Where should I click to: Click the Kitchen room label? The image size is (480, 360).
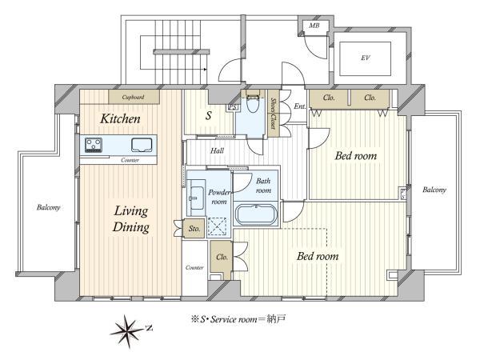[120, 118]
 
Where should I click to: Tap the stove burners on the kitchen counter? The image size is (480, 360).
[94, 145]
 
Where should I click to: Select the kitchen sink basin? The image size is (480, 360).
[142, 145]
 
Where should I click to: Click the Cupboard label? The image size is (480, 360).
[133, 98]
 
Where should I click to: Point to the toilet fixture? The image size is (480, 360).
[253, 102]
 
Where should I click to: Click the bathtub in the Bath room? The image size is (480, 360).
[256, 214]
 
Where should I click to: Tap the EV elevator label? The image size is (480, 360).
[366, 58]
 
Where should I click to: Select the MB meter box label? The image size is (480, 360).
[314, 26]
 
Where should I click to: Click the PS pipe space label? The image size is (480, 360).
[233, 107]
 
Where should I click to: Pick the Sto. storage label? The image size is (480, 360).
[194, 228]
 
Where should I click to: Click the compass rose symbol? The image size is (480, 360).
[129, 331]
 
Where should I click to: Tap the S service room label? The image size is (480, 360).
[209, 116]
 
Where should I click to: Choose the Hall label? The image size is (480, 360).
[217, 150]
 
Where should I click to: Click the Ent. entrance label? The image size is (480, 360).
[300, 106]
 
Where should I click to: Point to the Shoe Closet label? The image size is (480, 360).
[273, 114]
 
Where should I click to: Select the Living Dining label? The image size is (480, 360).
[131, 219]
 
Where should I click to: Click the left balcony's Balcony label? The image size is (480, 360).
[48, 207]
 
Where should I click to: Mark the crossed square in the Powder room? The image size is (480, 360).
[217, 226]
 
